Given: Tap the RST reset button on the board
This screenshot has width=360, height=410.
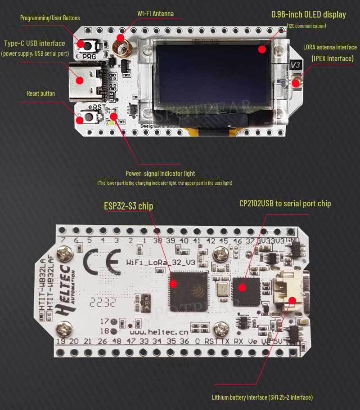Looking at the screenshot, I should (89, 118).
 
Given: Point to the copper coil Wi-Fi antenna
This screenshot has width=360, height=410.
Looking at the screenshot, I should (121, 44).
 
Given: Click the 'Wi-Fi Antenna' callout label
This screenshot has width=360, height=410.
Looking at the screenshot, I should (155, 13).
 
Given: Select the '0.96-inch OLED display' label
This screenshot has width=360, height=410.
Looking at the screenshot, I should (308, 14).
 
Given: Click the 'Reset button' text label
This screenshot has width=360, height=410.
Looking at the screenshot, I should (40, 94).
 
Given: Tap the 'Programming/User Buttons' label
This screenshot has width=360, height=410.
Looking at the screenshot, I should (50, 18).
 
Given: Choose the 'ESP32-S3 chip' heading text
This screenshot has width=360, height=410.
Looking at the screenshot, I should (128, 206).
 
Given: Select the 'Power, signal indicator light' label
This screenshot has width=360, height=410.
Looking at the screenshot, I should (160, 173).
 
